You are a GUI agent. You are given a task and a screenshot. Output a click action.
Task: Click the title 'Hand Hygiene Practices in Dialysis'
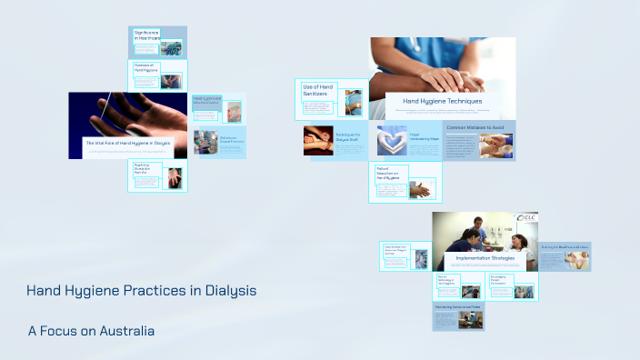tap(141, 291)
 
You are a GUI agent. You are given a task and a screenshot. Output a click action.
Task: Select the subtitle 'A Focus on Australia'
tap(91, 331)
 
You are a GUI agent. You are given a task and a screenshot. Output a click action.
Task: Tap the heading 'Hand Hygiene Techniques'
tap(442, 101)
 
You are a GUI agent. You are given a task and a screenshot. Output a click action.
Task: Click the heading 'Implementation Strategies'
tap(485, 258)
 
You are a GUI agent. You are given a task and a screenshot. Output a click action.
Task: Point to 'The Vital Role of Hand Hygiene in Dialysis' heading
tap(127, 143)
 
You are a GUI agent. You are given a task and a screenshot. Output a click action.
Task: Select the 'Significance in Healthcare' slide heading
tap(147, 35)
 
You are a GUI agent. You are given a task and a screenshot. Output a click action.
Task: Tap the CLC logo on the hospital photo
tap(526, 219)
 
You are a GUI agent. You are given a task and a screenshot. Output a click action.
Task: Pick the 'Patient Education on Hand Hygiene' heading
tap(389, 175)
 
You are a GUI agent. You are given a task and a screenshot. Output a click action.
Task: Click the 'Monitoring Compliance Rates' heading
tap(456, 307)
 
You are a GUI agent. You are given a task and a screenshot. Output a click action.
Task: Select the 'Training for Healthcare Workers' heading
tap(565, 246)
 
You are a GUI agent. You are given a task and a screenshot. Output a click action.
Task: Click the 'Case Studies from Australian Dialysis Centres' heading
tap(399, 249)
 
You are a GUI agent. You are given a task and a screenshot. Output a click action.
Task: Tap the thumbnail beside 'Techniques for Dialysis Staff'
tap(318, 140)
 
